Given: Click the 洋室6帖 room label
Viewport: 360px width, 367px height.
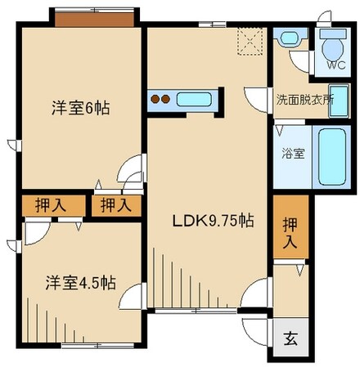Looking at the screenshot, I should pos(81,108).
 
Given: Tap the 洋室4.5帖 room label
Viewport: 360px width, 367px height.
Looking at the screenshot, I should pos(79,283).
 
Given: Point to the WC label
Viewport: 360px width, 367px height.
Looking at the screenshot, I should pos(335,66).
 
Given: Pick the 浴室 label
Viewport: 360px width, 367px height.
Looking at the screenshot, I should pos(293,153).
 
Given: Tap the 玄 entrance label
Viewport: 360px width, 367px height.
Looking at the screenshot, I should pos(290,339).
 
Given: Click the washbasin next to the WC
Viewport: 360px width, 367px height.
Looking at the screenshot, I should pos(289,38).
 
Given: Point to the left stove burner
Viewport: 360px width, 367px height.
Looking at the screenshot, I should pos(155,101).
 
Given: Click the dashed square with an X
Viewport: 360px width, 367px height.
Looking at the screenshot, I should pos(249,38).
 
